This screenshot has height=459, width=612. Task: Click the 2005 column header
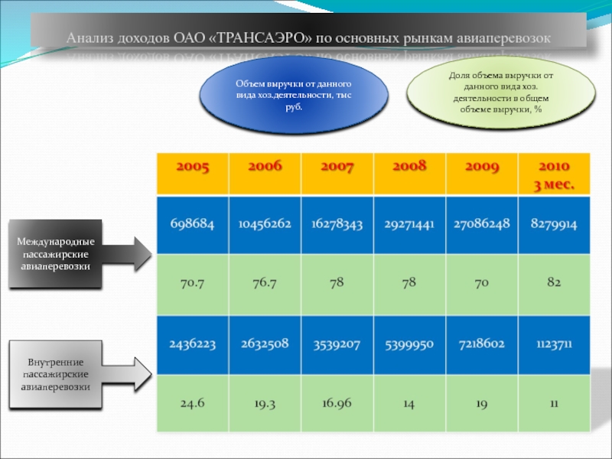pyautogui.click(x=192, y=174)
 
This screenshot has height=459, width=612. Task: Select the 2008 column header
pyautogui.click(x=409, y=174)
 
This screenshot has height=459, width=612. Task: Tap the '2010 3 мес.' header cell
pyautogui.click(x=553, y=174)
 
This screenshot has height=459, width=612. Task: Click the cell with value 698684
pyautogui.click(x=193, y=225)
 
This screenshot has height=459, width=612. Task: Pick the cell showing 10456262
pyautogui.click(x=264, y=225)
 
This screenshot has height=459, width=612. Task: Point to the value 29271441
pyautogui.click(x=409, y=225)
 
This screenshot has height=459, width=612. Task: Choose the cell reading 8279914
pyautogui.click(x=553, y=225)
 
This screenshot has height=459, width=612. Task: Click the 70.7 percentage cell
pyautogui.click(x=193, y=284)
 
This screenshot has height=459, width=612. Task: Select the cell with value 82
pyautogui.click(x=553, y=284)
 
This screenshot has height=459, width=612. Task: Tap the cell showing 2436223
pyautogui.click(x=193, y=344)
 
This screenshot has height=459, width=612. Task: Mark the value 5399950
pyautogui.click(x=409, y=344)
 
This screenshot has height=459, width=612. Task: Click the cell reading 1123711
pyautogui.click(x=553, y=344)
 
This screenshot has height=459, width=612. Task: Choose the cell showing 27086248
pyautogui.click(x=481, y=225)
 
